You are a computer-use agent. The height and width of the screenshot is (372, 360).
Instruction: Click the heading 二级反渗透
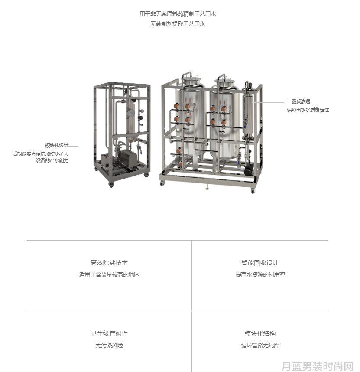298,101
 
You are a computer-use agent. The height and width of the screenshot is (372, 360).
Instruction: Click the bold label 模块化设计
57,145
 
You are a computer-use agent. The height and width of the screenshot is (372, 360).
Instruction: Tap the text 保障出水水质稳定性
308,110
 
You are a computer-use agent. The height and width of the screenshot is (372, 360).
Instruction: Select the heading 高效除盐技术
109,263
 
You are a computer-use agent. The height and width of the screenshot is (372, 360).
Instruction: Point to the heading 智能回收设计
260,263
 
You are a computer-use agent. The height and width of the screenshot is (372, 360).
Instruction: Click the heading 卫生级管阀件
109,333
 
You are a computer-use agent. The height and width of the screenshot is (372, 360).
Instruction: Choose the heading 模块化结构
260,333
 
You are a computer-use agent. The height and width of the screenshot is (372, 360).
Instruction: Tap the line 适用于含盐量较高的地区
109,274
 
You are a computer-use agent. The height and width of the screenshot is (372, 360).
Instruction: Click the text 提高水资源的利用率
260,274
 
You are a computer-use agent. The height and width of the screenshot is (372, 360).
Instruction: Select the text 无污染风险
109,345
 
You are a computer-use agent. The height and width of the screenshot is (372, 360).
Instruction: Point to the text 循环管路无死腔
260,345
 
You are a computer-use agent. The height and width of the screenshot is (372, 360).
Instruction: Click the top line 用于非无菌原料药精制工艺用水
178,14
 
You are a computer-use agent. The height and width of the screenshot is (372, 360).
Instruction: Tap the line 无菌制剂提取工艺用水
178,24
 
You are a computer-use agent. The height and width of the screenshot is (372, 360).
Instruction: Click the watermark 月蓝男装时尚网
318,366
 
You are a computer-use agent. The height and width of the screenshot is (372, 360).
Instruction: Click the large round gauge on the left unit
130,113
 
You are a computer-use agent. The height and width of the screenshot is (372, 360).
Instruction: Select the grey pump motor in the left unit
128,157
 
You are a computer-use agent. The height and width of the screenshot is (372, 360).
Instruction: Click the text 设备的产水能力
52,160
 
